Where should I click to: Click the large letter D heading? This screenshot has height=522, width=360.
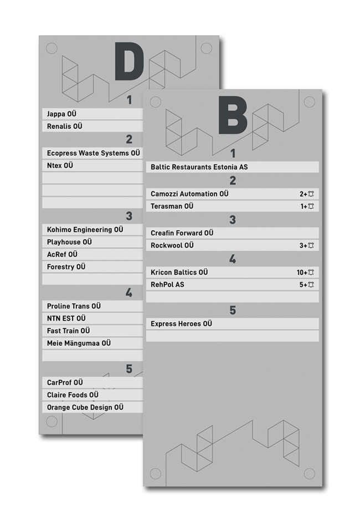[x=129, y=61]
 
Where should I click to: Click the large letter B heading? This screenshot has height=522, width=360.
[x=233, y=115]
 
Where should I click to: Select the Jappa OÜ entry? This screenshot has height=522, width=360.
[x=61, y=114]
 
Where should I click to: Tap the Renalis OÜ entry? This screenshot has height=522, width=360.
[x=65, y=127]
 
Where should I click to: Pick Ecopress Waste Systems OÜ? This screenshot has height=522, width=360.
[x=94, y=153]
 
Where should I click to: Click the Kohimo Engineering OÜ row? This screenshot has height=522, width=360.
[x=85, y=229]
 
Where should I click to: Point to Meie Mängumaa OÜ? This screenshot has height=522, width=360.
[x=79, y=343]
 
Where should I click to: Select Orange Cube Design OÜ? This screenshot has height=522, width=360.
[x=85, y=407]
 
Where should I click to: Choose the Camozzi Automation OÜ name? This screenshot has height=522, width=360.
[x=189, y=194]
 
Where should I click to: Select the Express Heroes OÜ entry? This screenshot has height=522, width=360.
[x=181, y=324]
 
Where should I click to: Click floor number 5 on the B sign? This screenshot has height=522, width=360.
[x=233, y=311]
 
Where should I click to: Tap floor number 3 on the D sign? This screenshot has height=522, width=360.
[x=129, y=216]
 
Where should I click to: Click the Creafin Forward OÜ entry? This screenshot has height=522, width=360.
[x=182, y=233]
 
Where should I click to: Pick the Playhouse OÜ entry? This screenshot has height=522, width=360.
[x=69, y=242]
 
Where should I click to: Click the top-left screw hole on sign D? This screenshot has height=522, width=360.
[x=51, y=48]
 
